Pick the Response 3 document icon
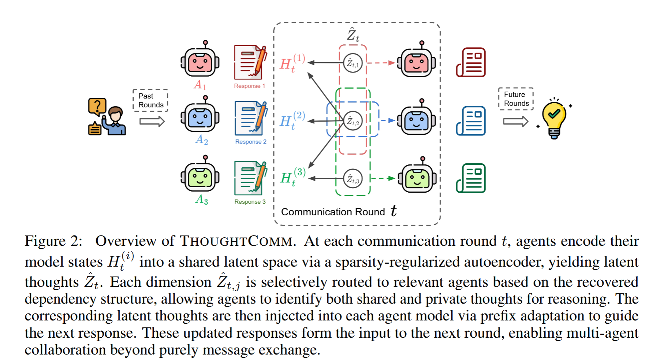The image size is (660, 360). (x=250, y=178)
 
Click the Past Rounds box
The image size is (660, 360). (x=150, y=100)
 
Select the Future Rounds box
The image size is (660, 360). (x=516, y=99)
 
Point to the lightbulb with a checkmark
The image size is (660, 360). (x=554, y=118)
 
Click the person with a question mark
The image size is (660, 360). (x=107, y=117)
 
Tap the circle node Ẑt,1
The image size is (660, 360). (x=353, y=63)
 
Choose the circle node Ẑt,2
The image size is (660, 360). (x=353, y=121)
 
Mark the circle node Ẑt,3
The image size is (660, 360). (x=353, y=179)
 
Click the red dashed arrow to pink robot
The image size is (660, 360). (x=381, y=63)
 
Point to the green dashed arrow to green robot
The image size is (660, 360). (x=383, y=179)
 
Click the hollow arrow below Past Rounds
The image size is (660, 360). (x=152, y=121)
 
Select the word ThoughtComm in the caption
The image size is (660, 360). (x=236, y=241)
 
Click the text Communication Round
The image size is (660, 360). (x=333, y=212)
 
